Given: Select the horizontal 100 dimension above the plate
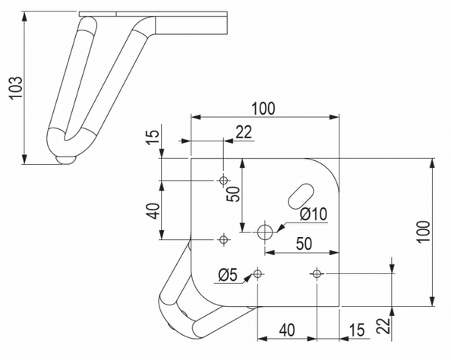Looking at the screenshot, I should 263,108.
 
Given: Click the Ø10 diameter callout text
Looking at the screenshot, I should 313,215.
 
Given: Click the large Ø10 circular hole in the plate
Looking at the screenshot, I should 266,232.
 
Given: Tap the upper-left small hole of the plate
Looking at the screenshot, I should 223,181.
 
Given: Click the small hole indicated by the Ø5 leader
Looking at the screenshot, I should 258,273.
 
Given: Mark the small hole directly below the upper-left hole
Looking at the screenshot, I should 223,239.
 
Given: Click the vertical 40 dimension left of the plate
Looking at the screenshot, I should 153,210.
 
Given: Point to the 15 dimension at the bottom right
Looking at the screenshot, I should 356,330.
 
